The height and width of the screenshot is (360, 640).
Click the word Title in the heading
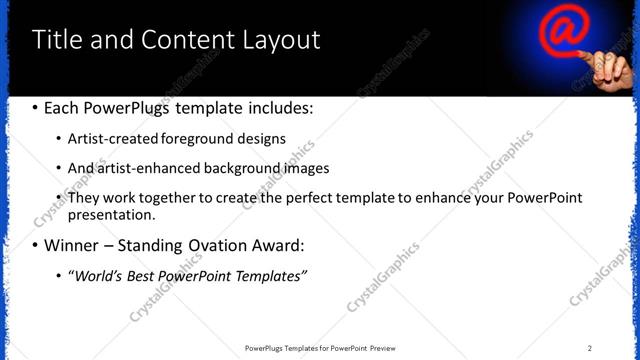point(56,39)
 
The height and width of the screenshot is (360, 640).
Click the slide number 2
point(590,347)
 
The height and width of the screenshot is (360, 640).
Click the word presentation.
point(111,214)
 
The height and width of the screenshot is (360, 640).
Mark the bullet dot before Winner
point(36,245)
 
